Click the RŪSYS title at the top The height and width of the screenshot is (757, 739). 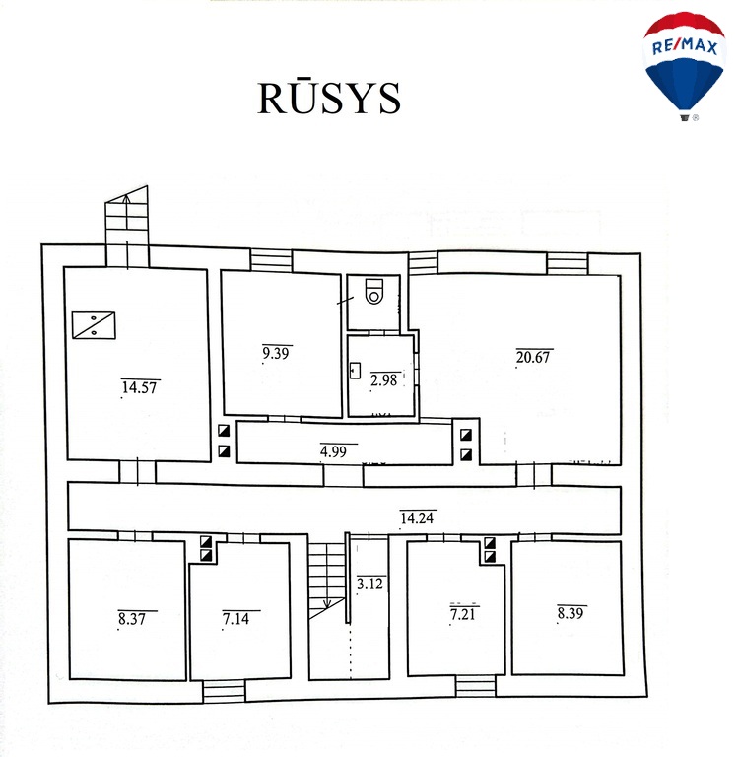(x=329, y=98)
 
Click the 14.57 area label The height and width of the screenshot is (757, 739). (x=140, y=387)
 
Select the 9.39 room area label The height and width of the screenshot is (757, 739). (x=277, y=352)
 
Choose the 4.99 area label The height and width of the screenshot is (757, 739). (x=332, y=452)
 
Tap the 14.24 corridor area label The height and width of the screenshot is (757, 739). (x=417, y=516)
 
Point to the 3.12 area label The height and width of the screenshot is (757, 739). (x=369, y=584)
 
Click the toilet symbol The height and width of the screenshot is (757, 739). (x=374, y=293)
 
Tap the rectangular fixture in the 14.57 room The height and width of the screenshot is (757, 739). (x=93, y=324)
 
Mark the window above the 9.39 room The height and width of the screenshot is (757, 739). (x=271, y=260)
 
